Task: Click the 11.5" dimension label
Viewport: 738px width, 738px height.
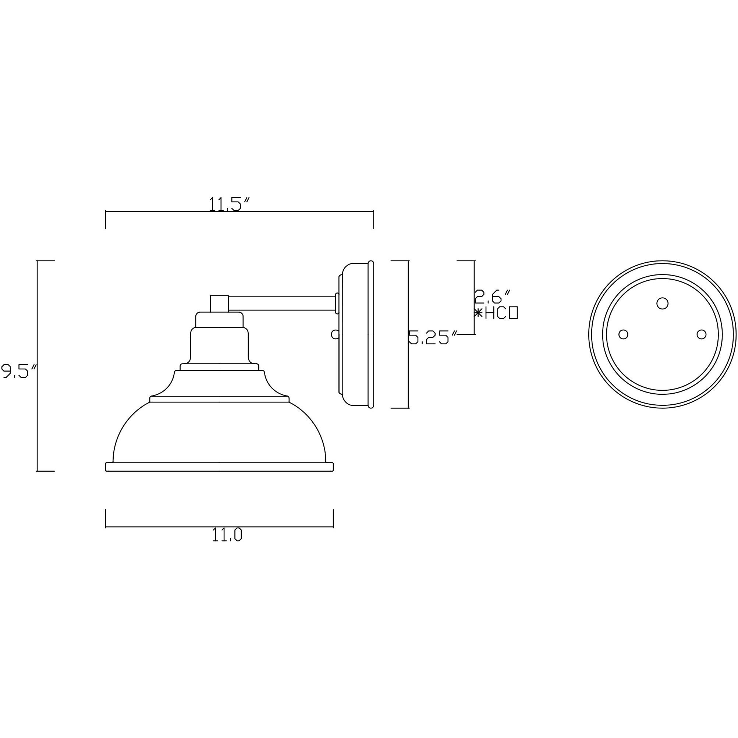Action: [229, 204]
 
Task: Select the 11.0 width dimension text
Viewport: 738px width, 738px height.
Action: [227, 536]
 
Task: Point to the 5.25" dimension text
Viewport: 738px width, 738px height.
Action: [433, 338]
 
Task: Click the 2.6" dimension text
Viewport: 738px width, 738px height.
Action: [492, 297]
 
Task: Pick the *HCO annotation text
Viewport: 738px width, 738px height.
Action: [496, 313]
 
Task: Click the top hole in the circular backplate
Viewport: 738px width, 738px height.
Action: [662, 303]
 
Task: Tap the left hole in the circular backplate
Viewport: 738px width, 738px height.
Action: [623, 334]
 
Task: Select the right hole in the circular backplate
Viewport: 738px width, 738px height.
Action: [701, 334]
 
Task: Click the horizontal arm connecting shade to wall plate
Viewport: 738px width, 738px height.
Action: [282, 303]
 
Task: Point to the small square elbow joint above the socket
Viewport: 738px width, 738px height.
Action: [219, 303]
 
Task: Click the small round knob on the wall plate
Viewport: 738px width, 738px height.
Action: [335, 334]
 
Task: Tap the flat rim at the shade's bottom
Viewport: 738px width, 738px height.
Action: [219, 467]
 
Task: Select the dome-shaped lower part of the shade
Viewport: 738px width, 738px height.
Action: [219, 432]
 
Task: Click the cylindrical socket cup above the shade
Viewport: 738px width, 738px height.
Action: [219, 346]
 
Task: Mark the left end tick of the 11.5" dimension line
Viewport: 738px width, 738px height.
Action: [106, 220]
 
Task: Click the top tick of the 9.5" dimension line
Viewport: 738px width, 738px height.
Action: [46, 260]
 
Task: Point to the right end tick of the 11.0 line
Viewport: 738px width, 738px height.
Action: [333, 519]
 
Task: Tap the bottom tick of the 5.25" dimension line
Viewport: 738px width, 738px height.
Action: [400, 408]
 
